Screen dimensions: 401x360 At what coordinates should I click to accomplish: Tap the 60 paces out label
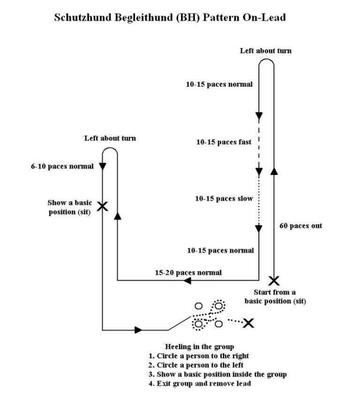(x=300, y=226)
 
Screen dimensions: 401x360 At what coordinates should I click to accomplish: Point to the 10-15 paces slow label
(x=224, y=198)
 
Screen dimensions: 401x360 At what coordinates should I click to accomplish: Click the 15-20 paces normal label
(x=188, y=272)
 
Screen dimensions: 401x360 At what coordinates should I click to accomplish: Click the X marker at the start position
(x=273, y=280)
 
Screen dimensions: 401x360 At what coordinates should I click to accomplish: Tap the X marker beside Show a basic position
(x=102, y=205)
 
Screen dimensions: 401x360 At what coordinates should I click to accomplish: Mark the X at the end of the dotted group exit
(x=248, y=322)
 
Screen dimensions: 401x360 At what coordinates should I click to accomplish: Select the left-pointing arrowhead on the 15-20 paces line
(x=187, y=281)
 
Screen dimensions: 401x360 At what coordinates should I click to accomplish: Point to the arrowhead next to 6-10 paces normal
(x=102, y=166)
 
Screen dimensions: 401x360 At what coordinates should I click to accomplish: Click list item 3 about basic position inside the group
(x=217, y=374)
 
